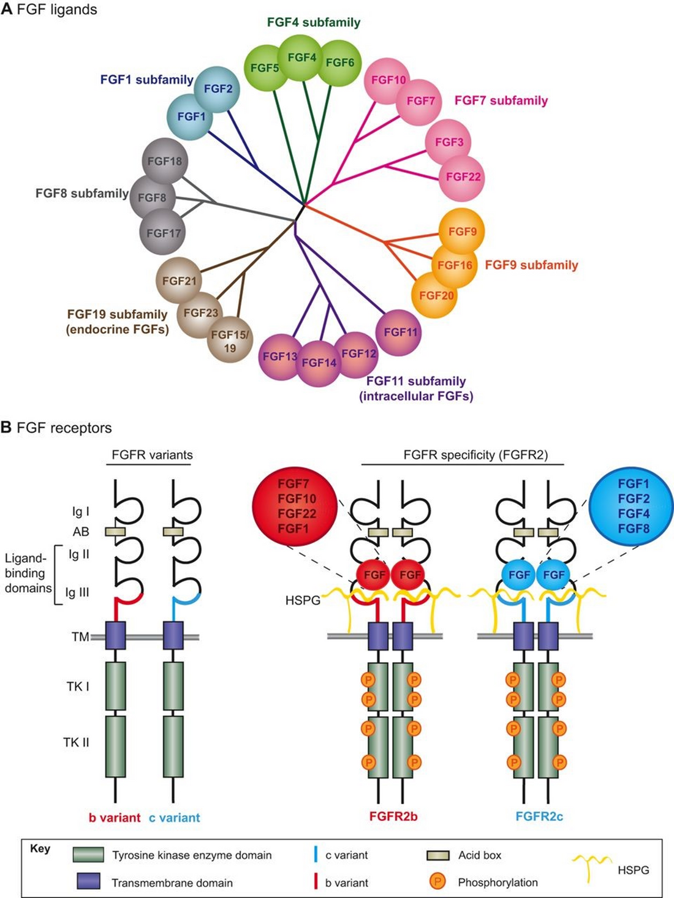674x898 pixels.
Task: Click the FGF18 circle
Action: coord(164,161)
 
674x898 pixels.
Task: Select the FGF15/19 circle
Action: coord(230,341)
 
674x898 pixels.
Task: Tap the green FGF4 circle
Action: coord(301,58)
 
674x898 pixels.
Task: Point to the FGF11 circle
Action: coord(400,332)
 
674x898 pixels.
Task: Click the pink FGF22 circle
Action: coord(463,177)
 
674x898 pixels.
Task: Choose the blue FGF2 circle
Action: coord(217,89)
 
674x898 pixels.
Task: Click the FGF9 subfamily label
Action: coord(531,265)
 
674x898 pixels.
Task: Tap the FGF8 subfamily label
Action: coord(81,194)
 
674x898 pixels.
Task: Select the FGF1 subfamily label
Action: coord(146,80)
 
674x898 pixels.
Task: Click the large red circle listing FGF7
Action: coord(294,506)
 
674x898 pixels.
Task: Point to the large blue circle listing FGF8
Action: coord(631,506)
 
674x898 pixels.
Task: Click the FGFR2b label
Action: coord(393,817)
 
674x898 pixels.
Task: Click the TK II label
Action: coord(76,742)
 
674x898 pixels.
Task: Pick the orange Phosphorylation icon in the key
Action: coord(437,883)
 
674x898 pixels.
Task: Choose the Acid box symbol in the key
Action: coord(437,855)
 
